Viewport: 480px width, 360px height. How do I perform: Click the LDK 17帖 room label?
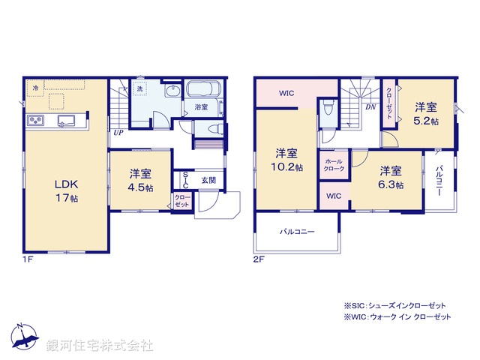[64, 190]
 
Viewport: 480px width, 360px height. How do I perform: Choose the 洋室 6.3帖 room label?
[390, 177]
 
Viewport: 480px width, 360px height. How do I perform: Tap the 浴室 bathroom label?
[201, 107]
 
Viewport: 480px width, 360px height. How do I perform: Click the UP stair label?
[118, 133]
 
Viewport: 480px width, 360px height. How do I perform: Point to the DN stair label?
[370, 106]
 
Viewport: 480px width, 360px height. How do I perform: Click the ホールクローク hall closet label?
[334, 165]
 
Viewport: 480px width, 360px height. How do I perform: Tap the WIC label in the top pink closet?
[286, 94]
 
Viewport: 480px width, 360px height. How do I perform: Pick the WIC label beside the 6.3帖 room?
[334, 196]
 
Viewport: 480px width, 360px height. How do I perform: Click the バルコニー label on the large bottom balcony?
[297, 232]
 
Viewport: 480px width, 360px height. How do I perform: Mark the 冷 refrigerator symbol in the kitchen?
[36, 88]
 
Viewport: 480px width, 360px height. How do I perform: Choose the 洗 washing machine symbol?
[139, 89]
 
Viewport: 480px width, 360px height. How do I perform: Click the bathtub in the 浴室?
[202, 90]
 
